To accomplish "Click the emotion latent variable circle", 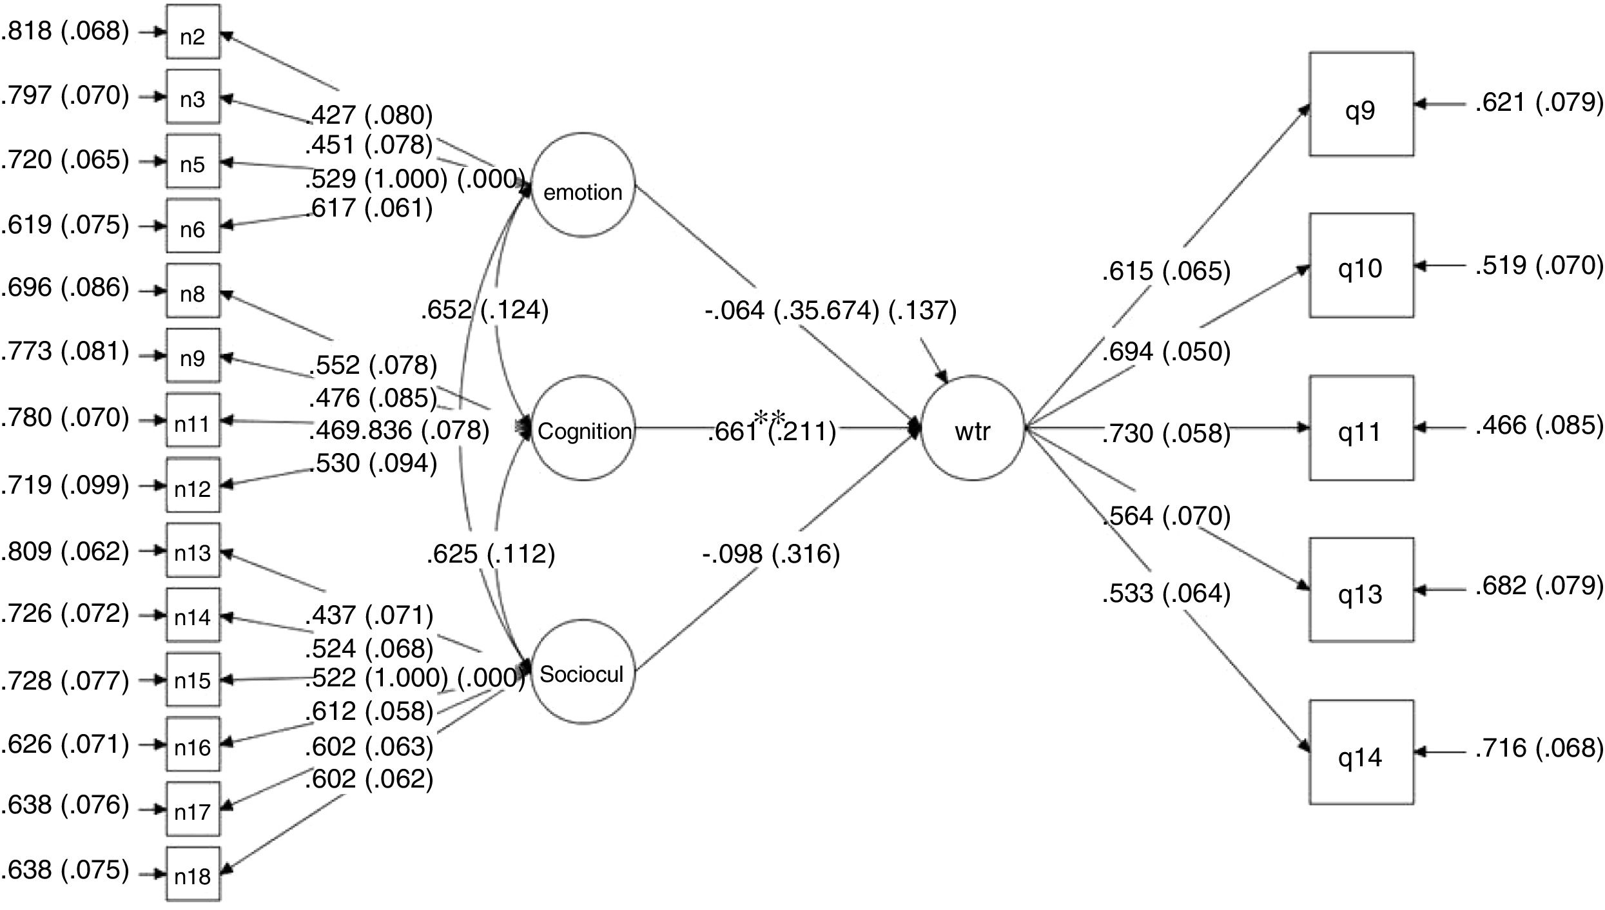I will click(x=583, y=186).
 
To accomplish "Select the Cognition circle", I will click(x=583, y=429).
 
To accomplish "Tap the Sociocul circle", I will click(x=583, y=672).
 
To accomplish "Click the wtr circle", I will click(x=973, y=429).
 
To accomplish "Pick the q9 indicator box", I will click(x=1361, y=104).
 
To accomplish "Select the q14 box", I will click(x=1361, y=752).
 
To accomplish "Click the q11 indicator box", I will click(x=1361, y=429).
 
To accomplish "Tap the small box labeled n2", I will click(x=193, y=32).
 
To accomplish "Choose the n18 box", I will click(x=193, y=874).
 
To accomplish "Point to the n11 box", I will click(x=193, y=421).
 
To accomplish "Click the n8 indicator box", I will click(x=193, y=291).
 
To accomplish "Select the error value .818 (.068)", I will click(x=65, y=30).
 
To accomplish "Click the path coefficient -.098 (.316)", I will click(x=771, y=554).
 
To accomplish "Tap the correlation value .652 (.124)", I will click(x=485, y=310).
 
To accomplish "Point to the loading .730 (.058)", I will click(x=1166, y=433).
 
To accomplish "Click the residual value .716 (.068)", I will click(x=1539, y=748).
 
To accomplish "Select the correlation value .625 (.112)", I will click(x=491, y=554).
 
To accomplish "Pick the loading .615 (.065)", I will click(x=1166, y=271).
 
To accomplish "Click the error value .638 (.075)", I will click(x=65, y=869).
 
